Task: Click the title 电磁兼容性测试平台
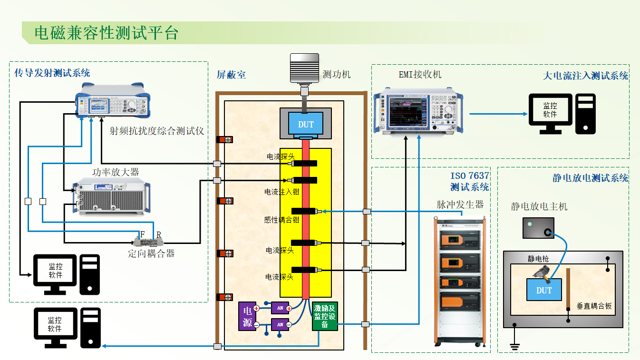pos(106,33)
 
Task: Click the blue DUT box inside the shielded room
pos(306,125)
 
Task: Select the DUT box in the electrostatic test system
pos(544,290)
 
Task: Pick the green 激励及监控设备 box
pos(325,315)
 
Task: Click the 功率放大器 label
pos(116,172)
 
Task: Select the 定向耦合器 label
pos(151,253)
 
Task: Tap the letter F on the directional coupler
pos(142,234)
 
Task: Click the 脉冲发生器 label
pos(460,204)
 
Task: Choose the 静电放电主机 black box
pos(538,228)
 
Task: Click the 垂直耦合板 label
pos(594,306)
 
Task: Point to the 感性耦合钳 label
pos(281,220)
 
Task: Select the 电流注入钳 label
pos(281,192)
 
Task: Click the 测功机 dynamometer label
pos(337,74)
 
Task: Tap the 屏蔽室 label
pos(231,75)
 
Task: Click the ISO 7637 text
pos(470,176)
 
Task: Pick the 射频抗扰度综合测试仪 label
pos(156,131)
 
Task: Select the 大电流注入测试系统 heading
pos(585,76)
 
